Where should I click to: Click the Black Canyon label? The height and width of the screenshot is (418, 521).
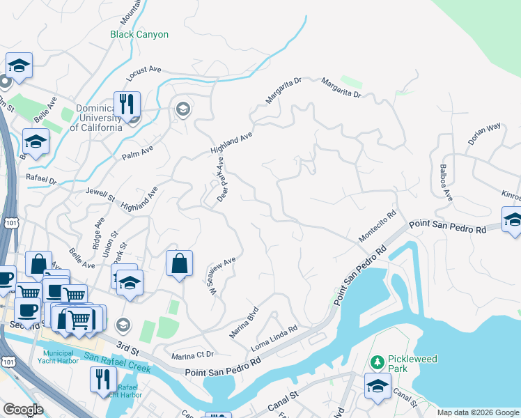(139, 34)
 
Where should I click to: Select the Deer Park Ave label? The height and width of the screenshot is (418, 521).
(221, 180)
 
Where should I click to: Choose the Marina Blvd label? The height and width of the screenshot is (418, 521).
(244, 322)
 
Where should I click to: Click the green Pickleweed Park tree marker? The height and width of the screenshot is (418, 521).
(377, 362)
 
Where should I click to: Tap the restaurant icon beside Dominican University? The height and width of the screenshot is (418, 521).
(127, 105)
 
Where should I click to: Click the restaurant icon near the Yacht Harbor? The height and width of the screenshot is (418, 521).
(103, 380)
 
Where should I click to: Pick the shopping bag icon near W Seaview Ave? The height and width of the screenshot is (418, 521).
(179, 264)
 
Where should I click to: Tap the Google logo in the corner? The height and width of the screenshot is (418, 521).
(23, 410)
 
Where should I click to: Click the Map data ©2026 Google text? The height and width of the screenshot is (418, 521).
(477, 412)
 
